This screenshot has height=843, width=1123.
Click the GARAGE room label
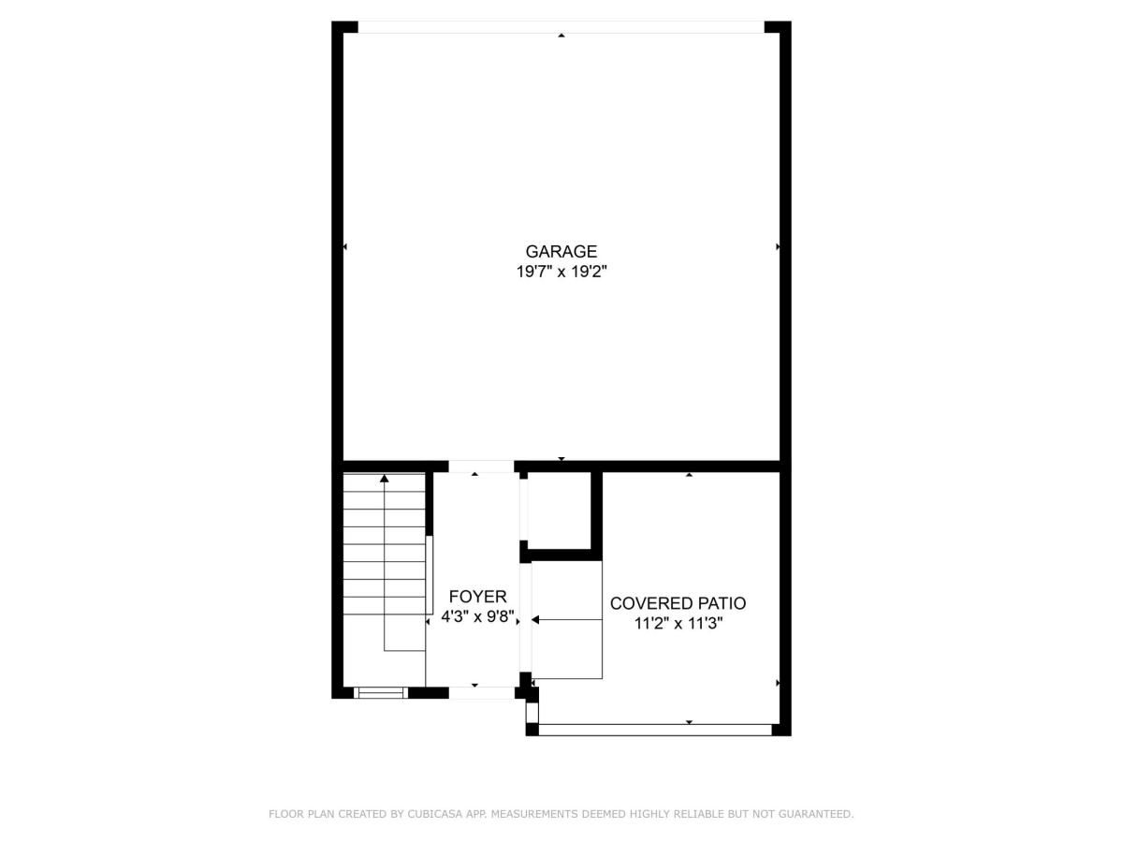[x=561, y=251]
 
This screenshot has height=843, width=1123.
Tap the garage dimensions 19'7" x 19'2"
[x=561, y=273]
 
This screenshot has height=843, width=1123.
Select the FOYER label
[x=477, y=597]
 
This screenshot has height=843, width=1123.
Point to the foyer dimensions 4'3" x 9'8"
[x=477, y=617]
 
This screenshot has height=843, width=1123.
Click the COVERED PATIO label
[x=678, y=603]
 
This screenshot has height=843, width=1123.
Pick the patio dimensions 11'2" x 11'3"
[x=678, y=624]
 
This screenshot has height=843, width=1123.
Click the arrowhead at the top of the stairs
[x=384, y=479]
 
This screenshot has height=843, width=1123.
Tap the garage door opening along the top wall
[x=561, y=27]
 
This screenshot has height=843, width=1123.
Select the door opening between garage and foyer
[x=481, y=466]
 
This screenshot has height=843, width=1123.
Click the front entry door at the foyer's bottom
[x=481, y=693]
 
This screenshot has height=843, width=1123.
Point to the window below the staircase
[x=381, y=693]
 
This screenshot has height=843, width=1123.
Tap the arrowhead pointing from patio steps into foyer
[x=535, y=619]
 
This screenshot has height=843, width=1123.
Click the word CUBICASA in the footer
[x=433, y=814]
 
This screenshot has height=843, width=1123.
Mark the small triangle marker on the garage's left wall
[x=345, y=247]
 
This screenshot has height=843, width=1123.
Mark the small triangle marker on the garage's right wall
[x=778, y=247]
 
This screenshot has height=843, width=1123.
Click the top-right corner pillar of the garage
[x=778, y=27]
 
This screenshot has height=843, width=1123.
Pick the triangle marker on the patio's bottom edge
[x=689, y=722]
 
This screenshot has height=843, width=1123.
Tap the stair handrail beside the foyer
[x=430, y=574]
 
